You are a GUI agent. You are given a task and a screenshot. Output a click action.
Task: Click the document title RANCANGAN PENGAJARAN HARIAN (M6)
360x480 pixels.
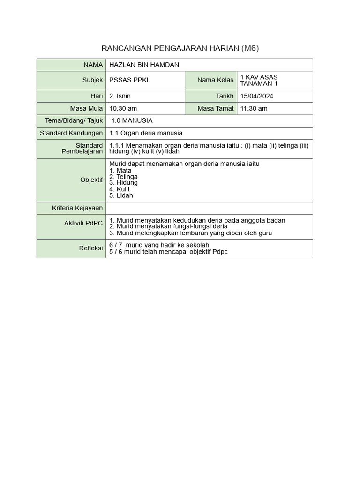point(180,49)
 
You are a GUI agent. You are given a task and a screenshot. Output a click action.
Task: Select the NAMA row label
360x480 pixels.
point(93,65)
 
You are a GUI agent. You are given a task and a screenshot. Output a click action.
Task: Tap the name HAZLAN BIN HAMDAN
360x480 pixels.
point(144,65)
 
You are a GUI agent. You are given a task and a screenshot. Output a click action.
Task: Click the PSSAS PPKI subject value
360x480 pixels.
point(128,80)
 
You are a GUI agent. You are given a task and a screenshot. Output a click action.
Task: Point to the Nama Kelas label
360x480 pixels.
point(215,80)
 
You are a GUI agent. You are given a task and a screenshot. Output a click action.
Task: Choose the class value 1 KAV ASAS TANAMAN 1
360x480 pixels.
point(259,80)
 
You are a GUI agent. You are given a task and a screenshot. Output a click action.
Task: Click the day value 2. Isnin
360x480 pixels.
point(120,96)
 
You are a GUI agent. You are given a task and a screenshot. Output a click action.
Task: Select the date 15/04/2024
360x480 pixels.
point(256,96)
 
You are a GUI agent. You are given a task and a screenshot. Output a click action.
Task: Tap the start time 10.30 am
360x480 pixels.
point(123,108)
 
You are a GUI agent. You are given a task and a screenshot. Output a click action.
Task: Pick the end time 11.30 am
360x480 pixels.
point(254,108)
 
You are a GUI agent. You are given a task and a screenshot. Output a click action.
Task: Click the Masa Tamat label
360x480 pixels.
point(216,108)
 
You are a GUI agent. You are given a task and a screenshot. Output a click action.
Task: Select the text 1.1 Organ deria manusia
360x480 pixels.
point(146,133)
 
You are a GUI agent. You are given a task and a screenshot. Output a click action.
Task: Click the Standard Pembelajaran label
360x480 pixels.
point(82,149)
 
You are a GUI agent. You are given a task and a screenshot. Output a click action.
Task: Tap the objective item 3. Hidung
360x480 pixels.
point(123,183)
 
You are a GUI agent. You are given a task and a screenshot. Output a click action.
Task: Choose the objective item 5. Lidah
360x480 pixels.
point(121,195)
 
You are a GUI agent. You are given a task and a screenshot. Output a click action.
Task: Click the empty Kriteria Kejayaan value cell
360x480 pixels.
point(209,208)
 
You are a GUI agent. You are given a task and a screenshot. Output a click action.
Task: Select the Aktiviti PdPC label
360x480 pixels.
point(83,223)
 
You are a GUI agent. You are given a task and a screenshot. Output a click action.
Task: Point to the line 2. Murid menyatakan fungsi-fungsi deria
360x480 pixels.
point(168,226)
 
